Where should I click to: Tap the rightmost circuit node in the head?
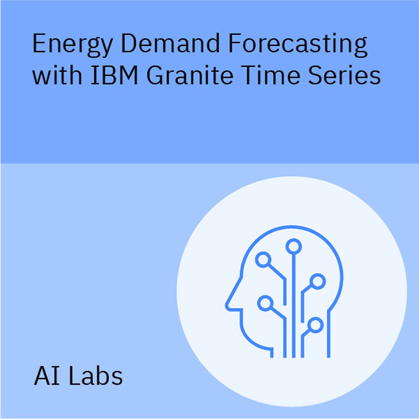point(318,281)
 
